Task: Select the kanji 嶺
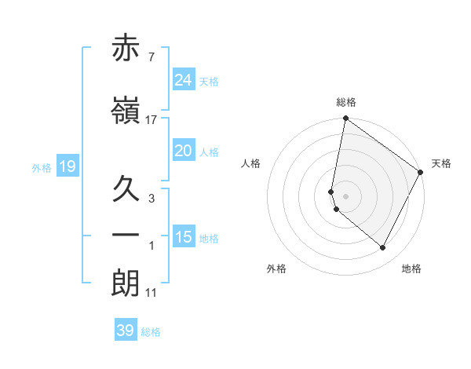(126, 111)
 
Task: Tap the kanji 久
(126, 188)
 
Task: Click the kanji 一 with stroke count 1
(126, 236)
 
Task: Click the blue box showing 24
(184, 80)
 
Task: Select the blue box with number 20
(184, 151)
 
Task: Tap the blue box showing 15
(184, 237)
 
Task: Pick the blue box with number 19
(67, 166)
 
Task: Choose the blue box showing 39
(126, 331)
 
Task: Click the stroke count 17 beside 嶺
(152, 119)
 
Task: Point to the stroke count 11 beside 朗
(152, 292)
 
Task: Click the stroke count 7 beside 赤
(152, 57)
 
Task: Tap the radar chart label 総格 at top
(346, 102)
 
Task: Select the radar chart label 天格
(441, 163)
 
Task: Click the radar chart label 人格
(251, 163)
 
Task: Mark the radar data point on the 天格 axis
(421, 172)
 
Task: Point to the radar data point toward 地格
(383, 248)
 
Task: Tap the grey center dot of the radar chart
(346, 196)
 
